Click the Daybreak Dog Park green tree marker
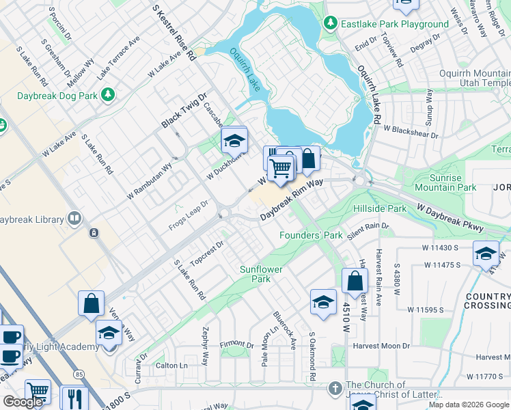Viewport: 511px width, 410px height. click(107, 94)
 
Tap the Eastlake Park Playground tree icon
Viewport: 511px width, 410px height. click(331, 24)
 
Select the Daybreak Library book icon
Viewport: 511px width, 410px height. click(74, 219)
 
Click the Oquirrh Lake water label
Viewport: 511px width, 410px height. click(243, 69)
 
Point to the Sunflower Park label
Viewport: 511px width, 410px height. click(261, 274)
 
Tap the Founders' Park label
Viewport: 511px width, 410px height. click(311, 235)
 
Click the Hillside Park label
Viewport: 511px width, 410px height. click(380, 208)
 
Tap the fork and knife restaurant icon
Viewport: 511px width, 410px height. click(74, 398)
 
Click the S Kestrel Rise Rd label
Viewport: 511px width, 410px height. click(174, 32)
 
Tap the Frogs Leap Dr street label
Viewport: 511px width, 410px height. click(189, 217)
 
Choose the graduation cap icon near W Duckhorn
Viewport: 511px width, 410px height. click(234, 141)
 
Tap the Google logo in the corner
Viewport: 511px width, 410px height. click(23, 402)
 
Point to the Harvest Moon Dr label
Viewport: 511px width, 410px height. click(381, 346)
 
